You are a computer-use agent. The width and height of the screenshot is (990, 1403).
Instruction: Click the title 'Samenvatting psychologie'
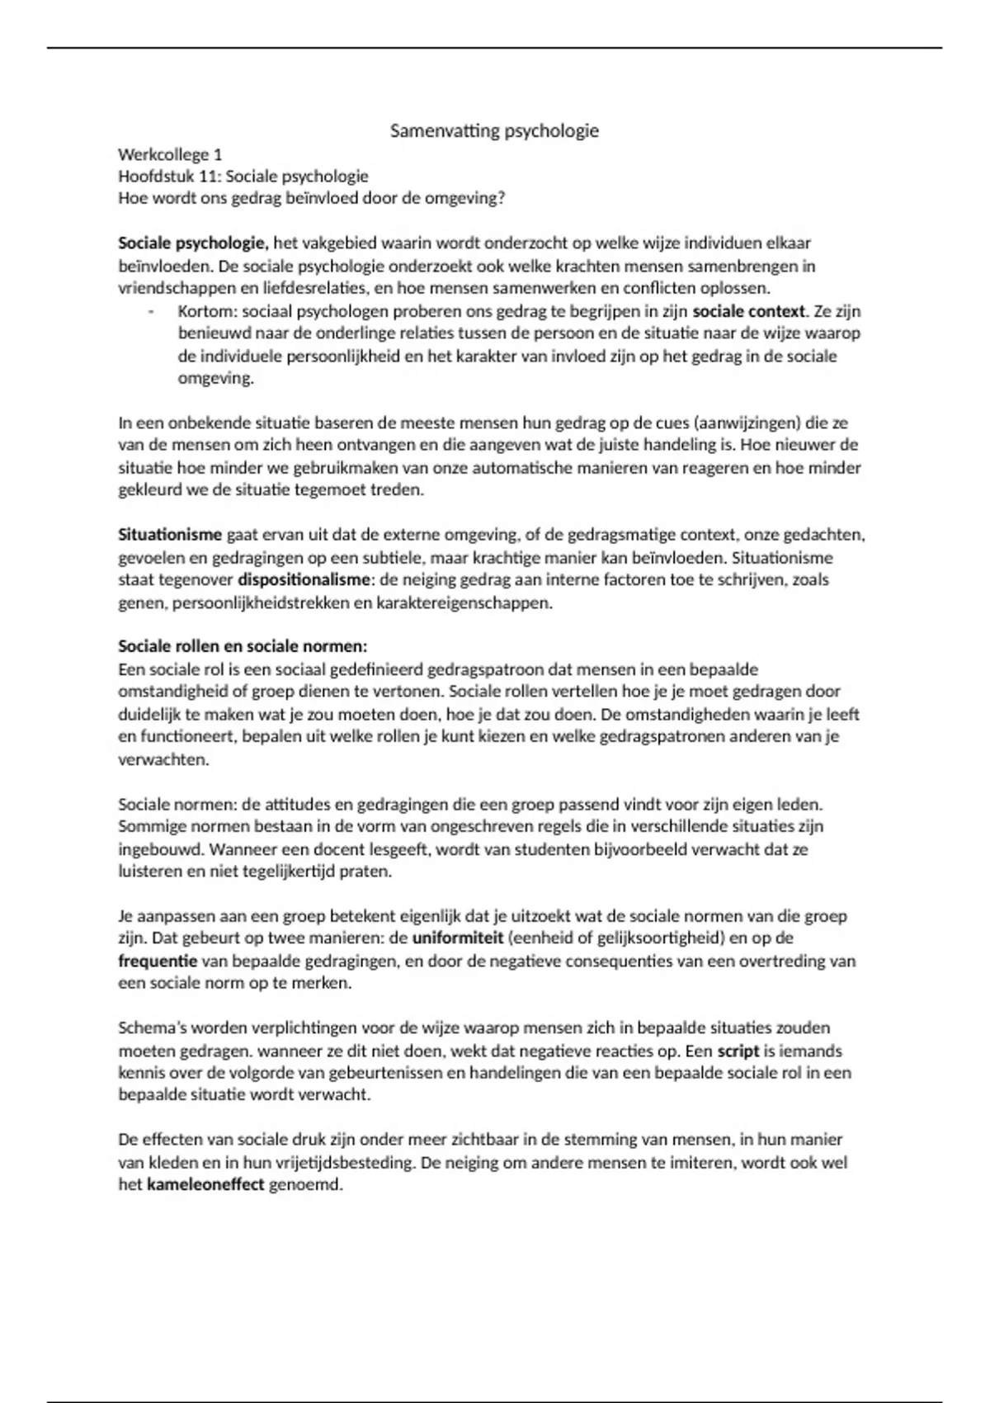coord(494,130)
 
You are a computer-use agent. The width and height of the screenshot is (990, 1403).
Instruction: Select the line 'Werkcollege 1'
coord(170,154)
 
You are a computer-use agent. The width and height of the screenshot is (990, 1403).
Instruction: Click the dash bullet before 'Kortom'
coord(151,312)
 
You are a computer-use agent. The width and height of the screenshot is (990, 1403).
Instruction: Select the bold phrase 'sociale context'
coord(748,312)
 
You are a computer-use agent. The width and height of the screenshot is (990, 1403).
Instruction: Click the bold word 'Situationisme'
coord(170,535)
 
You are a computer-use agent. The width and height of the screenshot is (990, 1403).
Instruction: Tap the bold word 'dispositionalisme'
coord(304,579)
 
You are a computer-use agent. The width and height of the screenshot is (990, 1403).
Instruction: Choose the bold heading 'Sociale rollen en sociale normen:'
coord(243,646)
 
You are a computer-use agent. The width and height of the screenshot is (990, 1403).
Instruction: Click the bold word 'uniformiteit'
coord(458,938)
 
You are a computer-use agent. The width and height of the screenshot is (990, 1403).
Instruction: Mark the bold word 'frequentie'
coord(158,961)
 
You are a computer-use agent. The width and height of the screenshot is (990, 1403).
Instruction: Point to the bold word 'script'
coord(738,1051)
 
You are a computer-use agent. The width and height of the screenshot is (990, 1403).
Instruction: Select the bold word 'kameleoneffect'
coord(205,1185)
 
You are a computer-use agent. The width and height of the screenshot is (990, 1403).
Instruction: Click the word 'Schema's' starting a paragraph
coord(153,1028)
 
